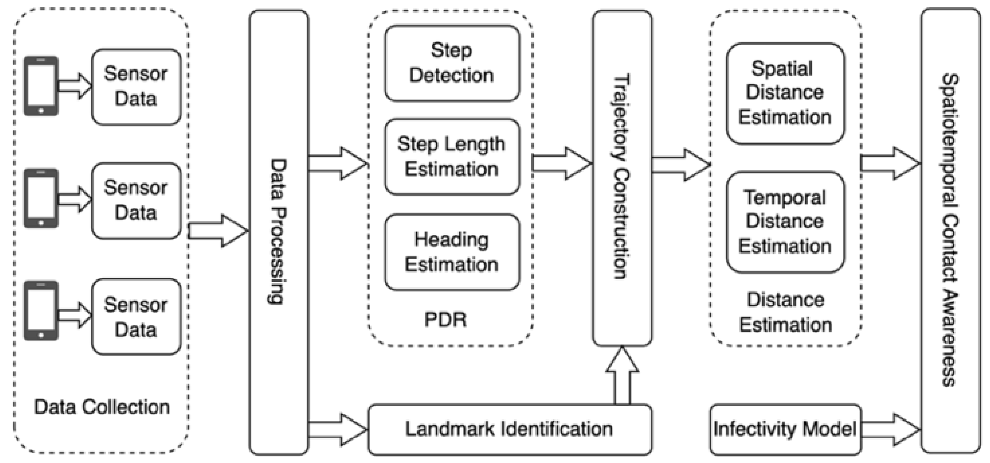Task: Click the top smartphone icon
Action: pos(41,86)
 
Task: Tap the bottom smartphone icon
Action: pos(41,310)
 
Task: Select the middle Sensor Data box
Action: pos(136,200)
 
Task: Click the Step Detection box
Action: pos(452,63)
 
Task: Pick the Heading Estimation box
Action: pos(452,252)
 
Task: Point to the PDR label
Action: pos(445,319)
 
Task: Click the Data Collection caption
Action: pos(102,407)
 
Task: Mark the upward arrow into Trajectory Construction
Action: pos(622,375)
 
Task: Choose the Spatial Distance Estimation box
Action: pos(785,93)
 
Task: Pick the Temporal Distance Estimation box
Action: pos(785,222)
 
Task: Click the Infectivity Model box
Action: pos(785,429)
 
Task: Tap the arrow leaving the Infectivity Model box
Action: pos(890,429)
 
